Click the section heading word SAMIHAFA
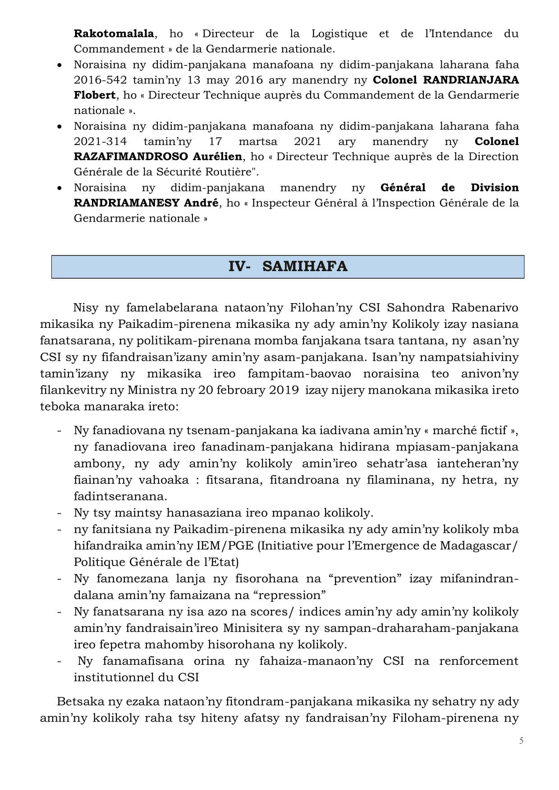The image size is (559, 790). [305, 267]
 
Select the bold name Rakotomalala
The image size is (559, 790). [114, 34]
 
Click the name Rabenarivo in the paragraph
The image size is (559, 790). [481, 308]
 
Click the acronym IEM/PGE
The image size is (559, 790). [226, 546]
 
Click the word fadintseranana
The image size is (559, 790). [120, 496]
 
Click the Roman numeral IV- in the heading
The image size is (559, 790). [239, 267]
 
